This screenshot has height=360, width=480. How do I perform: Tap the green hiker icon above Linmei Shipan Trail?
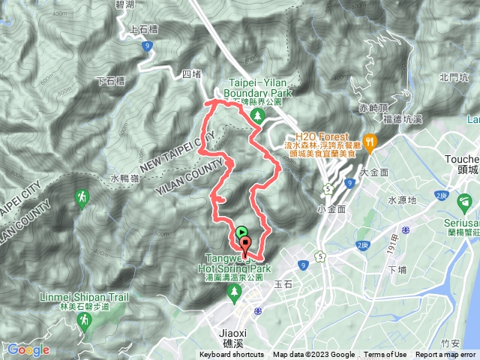81,198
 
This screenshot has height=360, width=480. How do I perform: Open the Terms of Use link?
385,355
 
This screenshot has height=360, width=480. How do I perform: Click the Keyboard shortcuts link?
232,355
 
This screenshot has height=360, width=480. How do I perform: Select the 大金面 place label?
373,172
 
